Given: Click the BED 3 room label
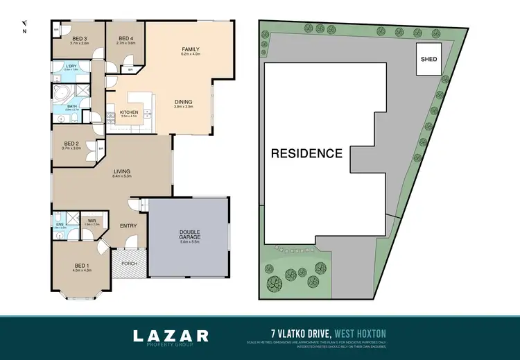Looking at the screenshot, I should [79, 38].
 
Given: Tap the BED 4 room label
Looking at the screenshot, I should [125, 38].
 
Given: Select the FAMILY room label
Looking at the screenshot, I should [191, 50].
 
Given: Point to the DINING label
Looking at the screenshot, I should [184, 103].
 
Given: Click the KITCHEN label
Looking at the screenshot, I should [130, 112].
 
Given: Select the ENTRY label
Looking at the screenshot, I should [129, 225].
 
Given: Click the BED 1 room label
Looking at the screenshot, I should [82, 266].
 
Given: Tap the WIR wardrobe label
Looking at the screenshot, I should [92, 221].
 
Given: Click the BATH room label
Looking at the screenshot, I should [71, 106].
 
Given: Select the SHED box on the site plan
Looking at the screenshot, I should [429, 59].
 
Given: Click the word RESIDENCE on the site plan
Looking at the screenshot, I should [306, 153].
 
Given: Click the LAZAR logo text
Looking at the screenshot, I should [171, 336].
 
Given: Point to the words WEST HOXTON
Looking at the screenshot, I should [363, 333].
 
